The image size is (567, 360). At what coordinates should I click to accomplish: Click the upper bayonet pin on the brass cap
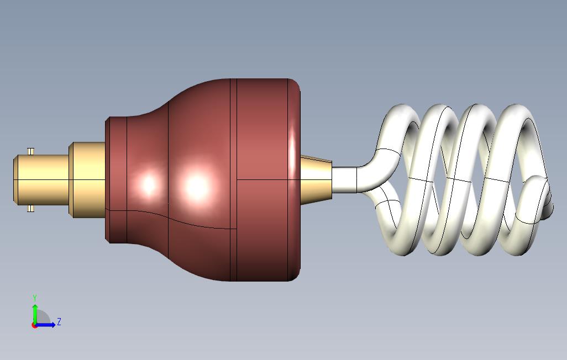[x=31, y=151]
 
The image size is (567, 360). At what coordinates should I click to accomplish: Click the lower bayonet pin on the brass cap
[x=31, y=208]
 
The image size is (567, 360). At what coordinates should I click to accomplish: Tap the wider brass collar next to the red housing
[x=87, y=179]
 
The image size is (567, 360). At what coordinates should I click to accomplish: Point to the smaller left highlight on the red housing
[x=148, y=184]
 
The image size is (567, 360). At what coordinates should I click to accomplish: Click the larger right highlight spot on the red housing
[x=197, y=187]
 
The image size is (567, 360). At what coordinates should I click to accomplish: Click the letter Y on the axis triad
[x=35, y=298]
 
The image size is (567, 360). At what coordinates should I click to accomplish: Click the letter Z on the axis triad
[x=59, y=321]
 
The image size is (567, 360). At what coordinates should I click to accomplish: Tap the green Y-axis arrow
[x=35, y=313]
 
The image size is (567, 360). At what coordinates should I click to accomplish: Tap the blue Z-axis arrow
[x=48, y=325]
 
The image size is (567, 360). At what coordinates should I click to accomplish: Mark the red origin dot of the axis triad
[x=34, y=325]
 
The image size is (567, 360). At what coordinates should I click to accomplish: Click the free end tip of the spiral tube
[x=548, y=208]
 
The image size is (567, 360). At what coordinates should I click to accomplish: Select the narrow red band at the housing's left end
[x=116, y=179]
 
